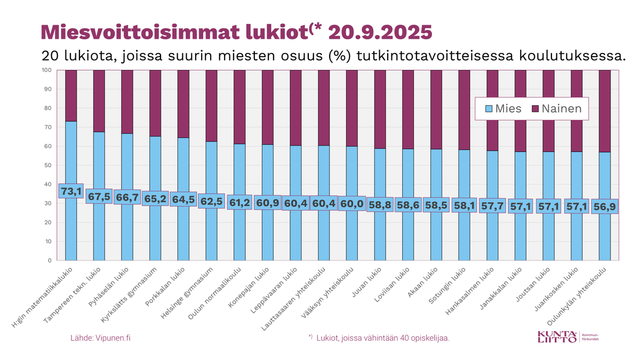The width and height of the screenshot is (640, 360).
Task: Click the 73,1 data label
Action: [x=71, y=191]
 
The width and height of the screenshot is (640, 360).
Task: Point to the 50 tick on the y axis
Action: [x=47, y=165]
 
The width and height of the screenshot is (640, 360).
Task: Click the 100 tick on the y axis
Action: [x=46, y=70]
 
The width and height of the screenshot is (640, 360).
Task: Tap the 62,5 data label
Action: [x=211, y=201]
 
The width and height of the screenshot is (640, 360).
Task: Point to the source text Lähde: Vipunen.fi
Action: [x=100, y=338]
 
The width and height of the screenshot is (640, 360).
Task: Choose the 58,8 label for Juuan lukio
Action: [x=380, y=204]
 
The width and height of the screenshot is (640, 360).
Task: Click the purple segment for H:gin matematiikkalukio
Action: [x=71, y=96]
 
